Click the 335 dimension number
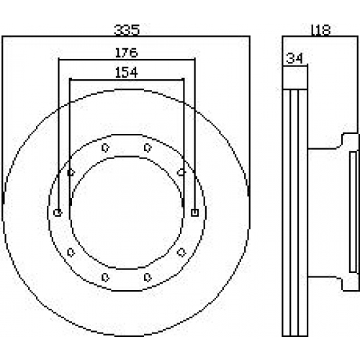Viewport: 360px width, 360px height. [x=127, y=30]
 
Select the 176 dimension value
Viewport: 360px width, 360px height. [x=127, y=53]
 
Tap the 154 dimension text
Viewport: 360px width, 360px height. [x=127, y=73]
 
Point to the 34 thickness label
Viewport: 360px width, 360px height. [x=294, y=58]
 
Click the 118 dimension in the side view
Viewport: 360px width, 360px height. [x=320, y=30]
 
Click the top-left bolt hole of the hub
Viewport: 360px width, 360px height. [x=105, y=148]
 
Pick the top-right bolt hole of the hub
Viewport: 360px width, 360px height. [x=148, y=148]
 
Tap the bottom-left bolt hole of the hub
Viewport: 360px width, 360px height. [x=105, y=277]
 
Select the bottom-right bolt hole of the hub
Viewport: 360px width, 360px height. [x=148, y=277]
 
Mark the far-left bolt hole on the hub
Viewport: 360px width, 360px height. [x=58, y=212]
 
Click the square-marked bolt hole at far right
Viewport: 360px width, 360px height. [x=195, y=212]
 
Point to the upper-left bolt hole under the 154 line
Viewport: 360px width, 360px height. [x=71, y=173]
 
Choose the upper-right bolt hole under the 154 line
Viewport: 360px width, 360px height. [x=181, y=172]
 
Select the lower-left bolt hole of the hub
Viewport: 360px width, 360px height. [x=71, y=252]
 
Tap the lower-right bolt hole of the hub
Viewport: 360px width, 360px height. [x=181, y=252]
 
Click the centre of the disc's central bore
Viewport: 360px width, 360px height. [x=127, y=212]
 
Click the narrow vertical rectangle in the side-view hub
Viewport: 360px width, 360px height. [x=353, y=212]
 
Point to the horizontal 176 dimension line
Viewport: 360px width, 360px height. [x=127, y=59]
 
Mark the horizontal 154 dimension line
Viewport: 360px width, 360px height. [x=127, y=79]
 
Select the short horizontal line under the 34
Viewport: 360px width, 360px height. [x=295, y=66]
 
